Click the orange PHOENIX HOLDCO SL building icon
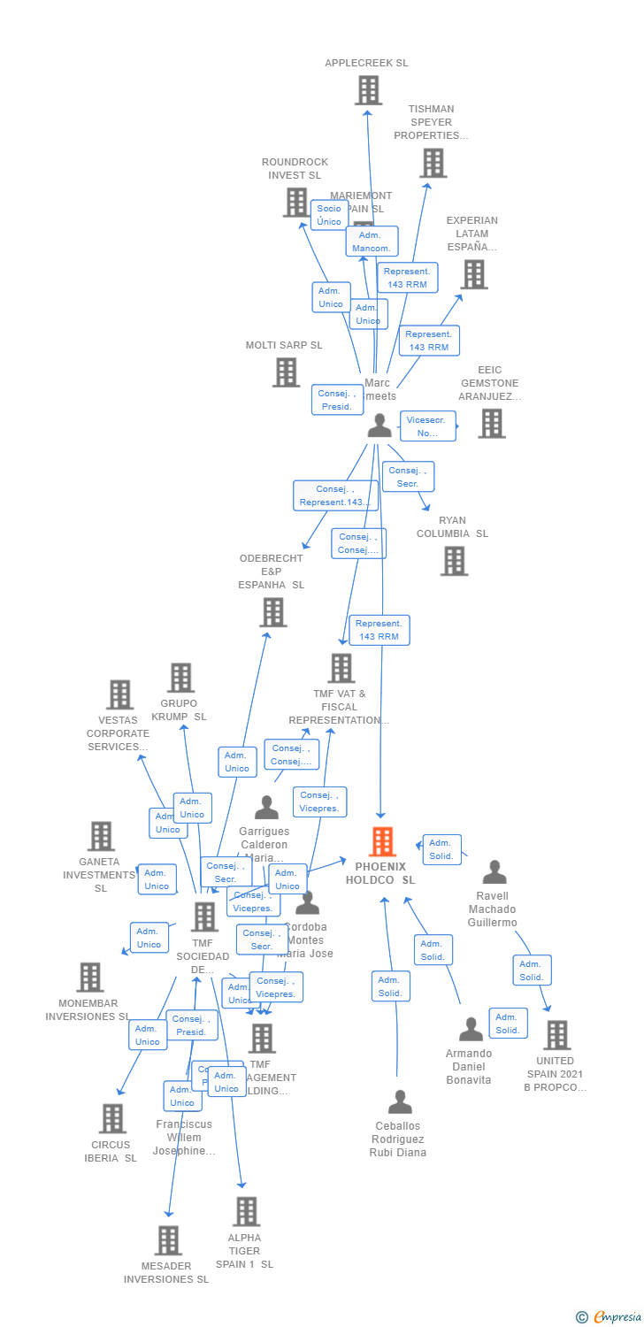[x=382, y=841]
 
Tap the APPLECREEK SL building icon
[x=368, y=90]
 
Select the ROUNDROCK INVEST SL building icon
[x=296, y=202]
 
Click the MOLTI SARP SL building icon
[x=286, y=372]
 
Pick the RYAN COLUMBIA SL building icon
[x=454, y=560]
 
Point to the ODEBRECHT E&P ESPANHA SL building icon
[x=272, y=611]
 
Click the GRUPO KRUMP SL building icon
[x=180, y=678]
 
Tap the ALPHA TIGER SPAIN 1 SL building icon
[x=246, y=1211]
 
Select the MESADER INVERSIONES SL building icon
[x=168, y=1240]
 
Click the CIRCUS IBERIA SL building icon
[x=112, y=1118]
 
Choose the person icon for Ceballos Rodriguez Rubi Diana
[x=400, y=1102]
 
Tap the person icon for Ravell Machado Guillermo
[x=494, y=872]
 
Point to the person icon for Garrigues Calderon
[x=266, y=808]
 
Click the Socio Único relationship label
[x=329, y=215]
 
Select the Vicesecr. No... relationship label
[x=428, y=426]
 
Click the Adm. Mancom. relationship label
[x=372, y=242]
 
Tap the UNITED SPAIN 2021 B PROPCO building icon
[x=556, y=1034]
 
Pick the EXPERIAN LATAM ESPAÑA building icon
[x=474, y=274]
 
